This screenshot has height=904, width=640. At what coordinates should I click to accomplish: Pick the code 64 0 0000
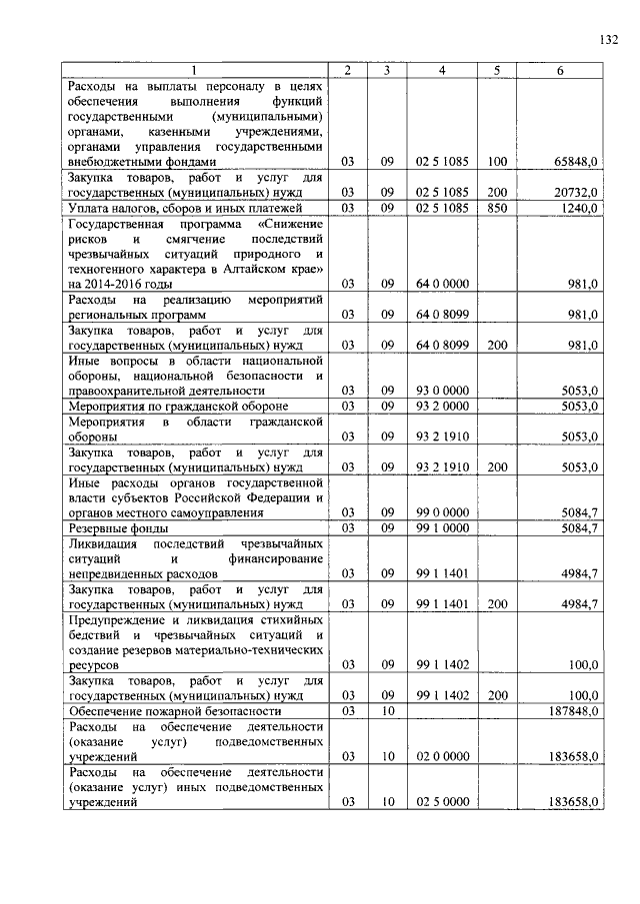(442, 284)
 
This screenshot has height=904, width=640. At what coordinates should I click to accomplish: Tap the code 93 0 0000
(442, 391)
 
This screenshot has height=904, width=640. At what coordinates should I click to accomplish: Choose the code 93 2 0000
(442, 407)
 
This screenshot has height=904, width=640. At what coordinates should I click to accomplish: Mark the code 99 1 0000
(442, 528)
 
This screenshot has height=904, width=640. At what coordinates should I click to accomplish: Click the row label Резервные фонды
(116, 528)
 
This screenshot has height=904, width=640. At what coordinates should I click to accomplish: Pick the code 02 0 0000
(442, 758)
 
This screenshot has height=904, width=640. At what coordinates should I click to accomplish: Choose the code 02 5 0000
(442, 802)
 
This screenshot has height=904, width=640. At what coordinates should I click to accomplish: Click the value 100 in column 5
(497, 161)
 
